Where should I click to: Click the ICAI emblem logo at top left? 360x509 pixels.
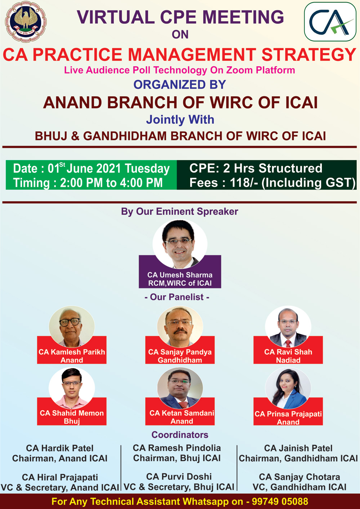click(26, 21)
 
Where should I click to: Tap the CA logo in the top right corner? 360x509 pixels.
click(330, 22)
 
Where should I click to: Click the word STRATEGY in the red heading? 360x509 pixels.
click(309, 55)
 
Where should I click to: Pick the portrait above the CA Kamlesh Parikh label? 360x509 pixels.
click(72, 327)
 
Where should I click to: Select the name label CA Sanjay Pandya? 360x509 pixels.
click(180, 352)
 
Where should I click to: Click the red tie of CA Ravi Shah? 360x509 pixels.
click(288, 343)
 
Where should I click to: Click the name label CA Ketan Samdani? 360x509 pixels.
click(182, 413)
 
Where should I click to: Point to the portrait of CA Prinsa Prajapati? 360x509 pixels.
click(288, 388)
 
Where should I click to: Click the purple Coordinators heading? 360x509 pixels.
click(180, 435)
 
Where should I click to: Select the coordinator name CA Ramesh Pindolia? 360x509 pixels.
click(177, 448)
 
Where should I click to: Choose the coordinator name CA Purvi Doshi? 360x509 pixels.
click(179, 477)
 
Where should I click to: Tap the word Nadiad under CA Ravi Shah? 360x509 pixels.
click(288, 360)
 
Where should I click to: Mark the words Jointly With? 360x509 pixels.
click(180, 120)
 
